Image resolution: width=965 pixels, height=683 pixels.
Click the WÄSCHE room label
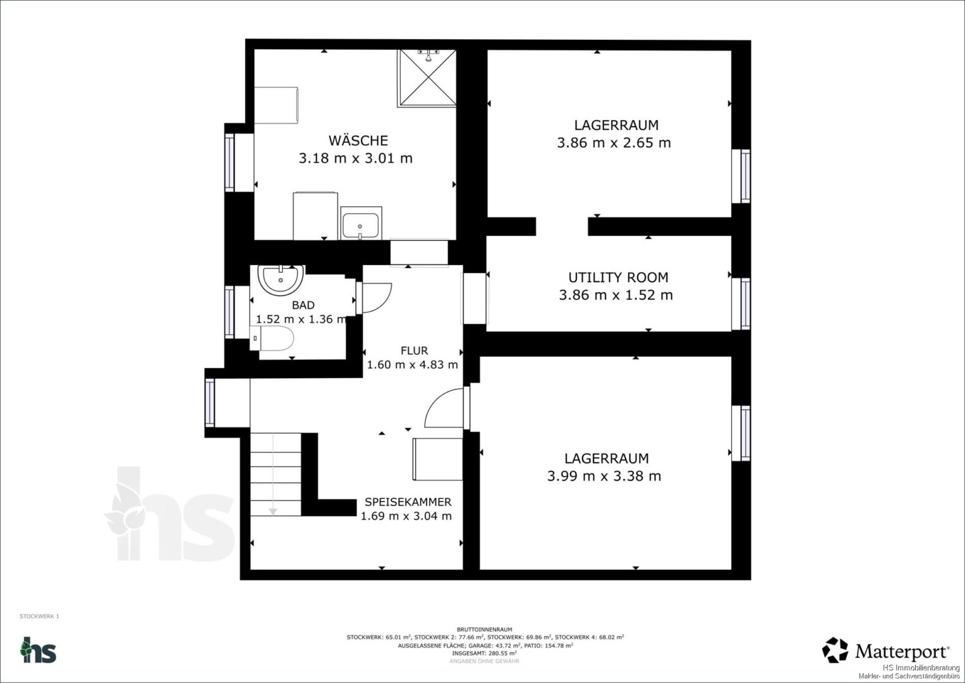coord(358,140)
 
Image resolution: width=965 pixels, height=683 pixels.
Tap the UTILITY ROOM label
coord(618,277)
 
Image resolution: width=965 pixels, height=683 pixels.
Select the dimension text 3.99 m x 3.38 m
coord(604,476)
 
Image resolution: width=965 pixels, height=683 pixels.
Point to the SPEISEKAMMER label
coord(408,502)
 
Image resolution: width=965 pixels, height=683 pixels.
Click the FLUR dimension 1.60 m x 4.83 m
coord(412,365)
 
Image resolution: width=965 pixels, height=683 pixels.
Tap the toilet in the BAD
coord(272,338)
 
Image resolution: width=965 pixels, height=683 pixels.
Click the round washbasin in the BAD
coord(281,280)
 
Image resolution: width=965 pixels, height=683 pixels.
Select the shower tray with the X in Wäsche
coord(427,78)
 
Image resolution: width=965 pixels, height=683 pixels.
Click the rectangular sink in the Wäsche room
coord(361,223)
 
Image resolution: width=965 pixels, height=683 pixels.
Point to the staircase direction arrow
coord(273,474)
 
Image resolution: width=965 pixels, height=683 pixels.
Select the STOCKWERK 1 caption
coord(39,617)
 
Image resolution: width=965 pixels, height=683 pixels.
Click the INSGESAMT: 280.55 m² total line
coord(484,653)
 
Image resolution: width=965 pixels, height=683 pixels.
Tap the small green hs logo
coord(39,650)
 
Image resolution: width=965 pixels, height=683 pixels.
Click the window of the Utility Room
coord(741,304)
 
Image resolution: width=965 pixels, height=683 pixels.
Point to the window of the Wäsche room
coord(229,163)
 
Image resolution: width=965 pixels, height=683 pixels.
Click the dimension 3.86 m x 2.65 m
coord(614,143)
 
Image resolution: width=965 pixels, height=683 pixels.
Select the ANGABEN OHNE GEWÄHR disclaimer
coord(484,661)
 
